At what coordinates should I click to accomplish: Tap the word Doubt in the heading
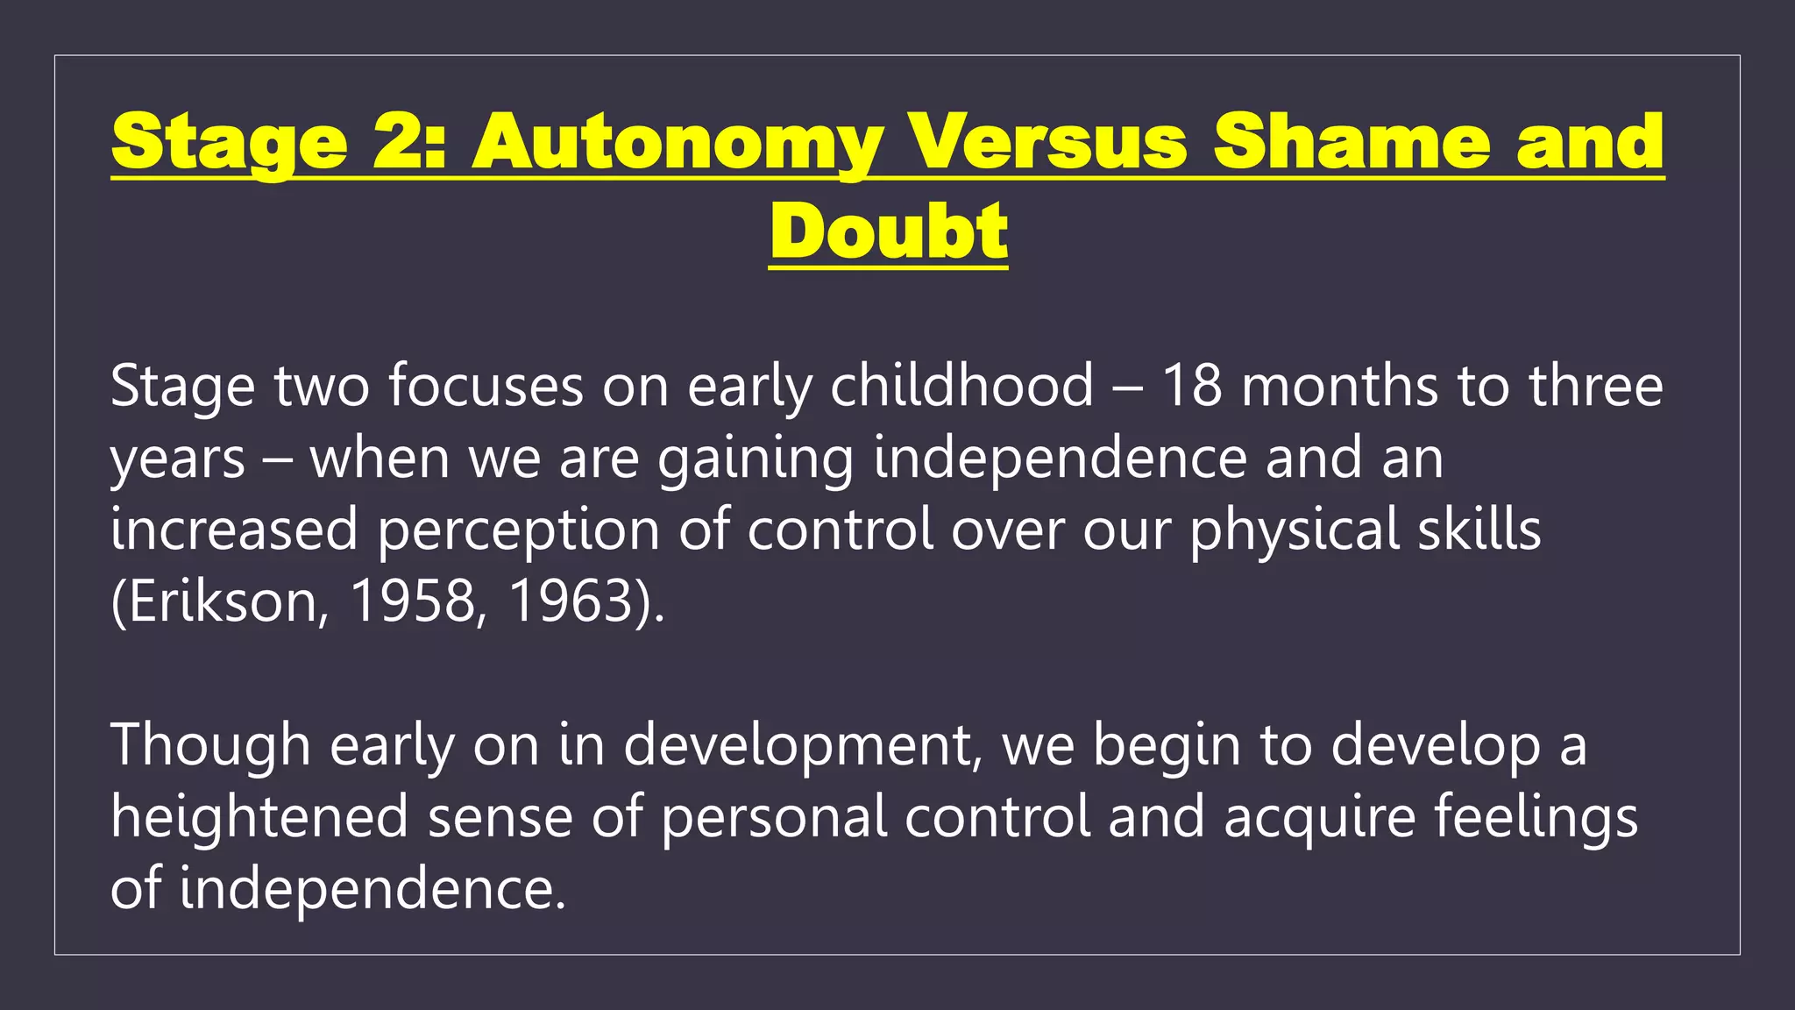[889, 231]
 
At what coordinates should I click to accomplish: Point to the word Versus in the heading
[1047, 142]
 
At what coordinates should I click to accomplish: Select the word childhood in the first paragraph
[961, 386]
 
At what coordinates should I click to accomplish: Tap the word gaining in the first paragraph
[756, 459]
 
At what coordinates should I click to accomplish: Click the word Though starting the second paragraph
[210, 745]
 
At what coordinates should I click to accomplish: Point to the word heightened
[259, 817]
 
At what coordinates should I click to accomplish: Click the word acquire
[1319, 817]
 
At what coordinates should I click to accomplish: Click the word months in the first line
[1340, 386]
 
